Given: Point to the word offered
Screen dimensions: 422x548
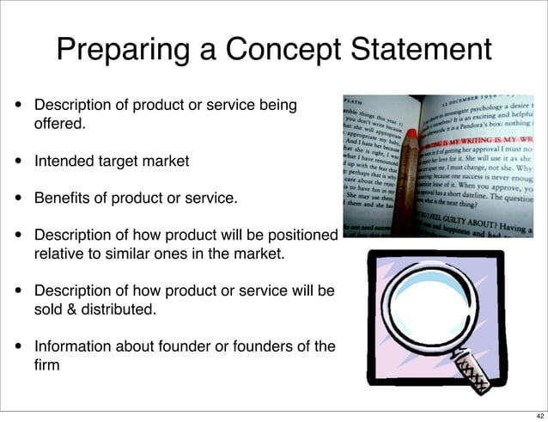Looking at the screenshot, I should coord(60,124).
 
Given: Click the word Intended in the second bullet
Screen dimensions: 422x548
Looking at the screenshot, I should coord(63,161).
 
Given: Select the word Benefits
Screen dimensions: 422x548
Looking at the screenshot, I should coord(62,199).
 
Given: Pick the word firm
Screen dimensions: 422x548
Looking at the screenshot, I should coord(47,365).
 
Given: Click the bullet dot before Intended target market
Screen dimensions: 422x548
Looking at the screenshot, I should coord(17,161).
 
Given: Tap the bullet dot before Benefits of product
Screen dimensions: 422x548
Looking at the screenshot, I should coord(17,199).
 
